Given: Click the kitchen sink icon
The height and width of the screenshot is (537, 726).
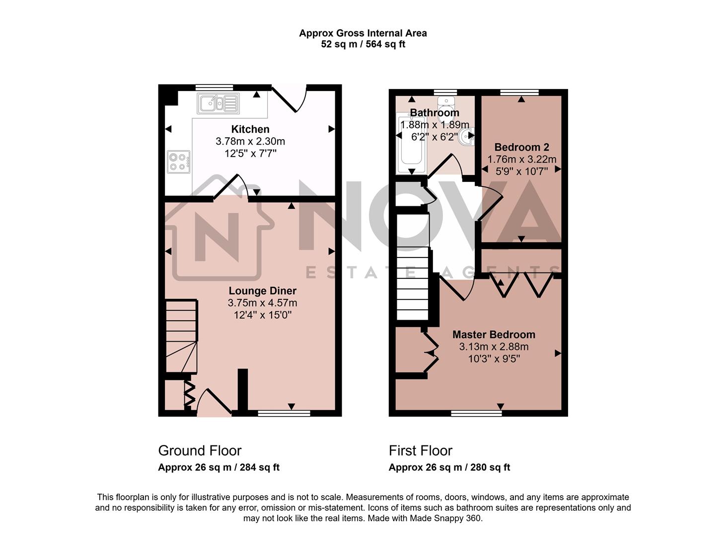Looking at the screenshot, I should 218,103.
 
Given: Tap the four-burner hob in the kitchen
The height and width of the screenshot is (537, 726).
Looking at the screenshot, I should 178,162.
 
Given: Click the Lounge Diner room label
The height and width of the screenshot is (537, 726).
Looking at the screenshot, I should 262,291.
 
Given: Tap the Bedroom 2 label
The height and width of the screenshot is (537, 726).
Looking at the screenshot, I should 521,147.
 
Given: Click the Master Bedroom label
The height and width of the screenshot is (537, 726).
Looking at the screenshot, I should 494,335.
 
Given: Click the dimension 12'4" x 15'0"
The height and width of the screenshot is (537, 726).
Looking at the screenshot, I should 262,315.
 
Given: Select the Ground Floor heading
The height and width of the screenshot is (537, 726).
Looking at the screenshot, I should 200,450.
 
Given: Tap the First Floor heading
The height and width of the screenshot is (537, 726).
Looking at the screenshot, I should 420,450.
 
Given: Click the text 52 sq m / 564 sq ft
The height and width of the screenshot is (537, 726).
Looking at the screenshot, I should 363,44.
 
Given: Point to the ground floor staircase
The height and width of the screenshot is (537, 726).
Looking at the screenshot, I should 181,336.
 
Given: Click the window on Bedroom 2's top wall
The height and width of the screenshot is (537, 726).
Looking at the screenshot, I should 519,92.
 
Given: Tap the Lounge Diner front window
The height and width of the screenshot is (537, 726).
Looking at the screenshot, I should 284,413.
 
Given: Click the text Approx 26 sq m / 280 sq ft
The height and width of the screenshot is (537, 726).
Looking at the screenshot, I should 449,467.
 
